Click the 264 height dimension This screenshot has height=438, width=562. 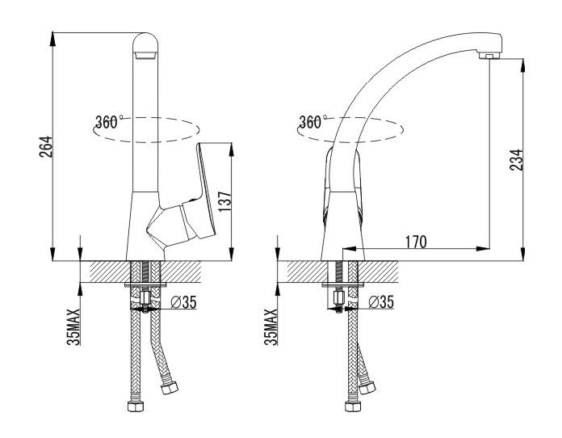pyautogui.click(x=46, y=147)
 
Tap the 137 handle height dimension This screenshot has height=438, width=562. pyautogui.click(x=225, y=201)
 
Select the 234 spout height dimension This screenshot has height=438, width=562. pyautogui.click(x=517, y=160)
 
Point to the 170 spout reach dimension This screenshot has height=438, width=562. pyautogui.click(x=416, y=242)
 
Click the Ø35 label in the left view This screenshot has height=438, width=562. pyautogui.click(x=183, y=302)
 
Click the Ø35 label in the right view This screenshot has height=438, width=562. pyautogui.click(x=381, y=302)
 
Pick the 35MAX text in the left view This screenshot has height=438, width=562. pyautogui.click(x=73, y=326)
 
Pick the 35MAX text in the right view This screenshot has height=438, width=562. pyautogui.click(x=271, y=326)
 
